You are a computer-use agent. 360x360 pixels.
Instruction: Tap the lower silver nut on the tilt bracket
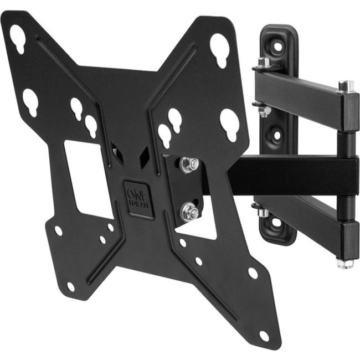[x=188, y=210]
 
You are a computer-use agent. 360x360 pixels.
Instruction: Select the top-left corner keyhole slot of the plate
[x=18, y=39]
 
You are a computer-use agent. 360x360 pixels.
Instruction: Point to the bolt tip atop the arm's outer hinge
[x=346, y=86]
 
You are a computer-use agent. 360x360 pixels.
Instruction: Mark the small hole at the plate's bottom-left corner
[x=71, y=286]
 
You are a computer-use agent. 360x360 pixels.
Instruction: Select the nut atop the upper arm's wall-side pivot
[x=264, y=61]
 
